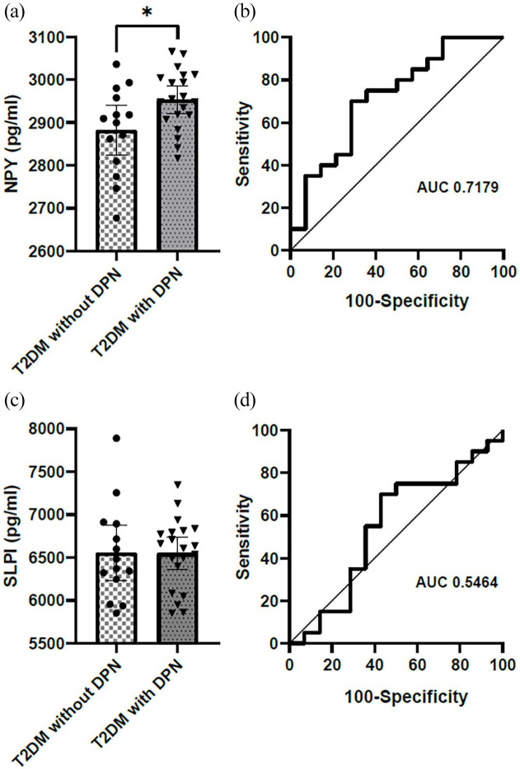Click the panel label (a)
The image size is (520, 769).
tap(16, 11)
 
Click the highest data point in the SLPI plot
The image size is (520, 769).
tap(116, 438)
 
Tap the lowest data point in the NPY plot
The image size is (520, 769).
tap(116, 218)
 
